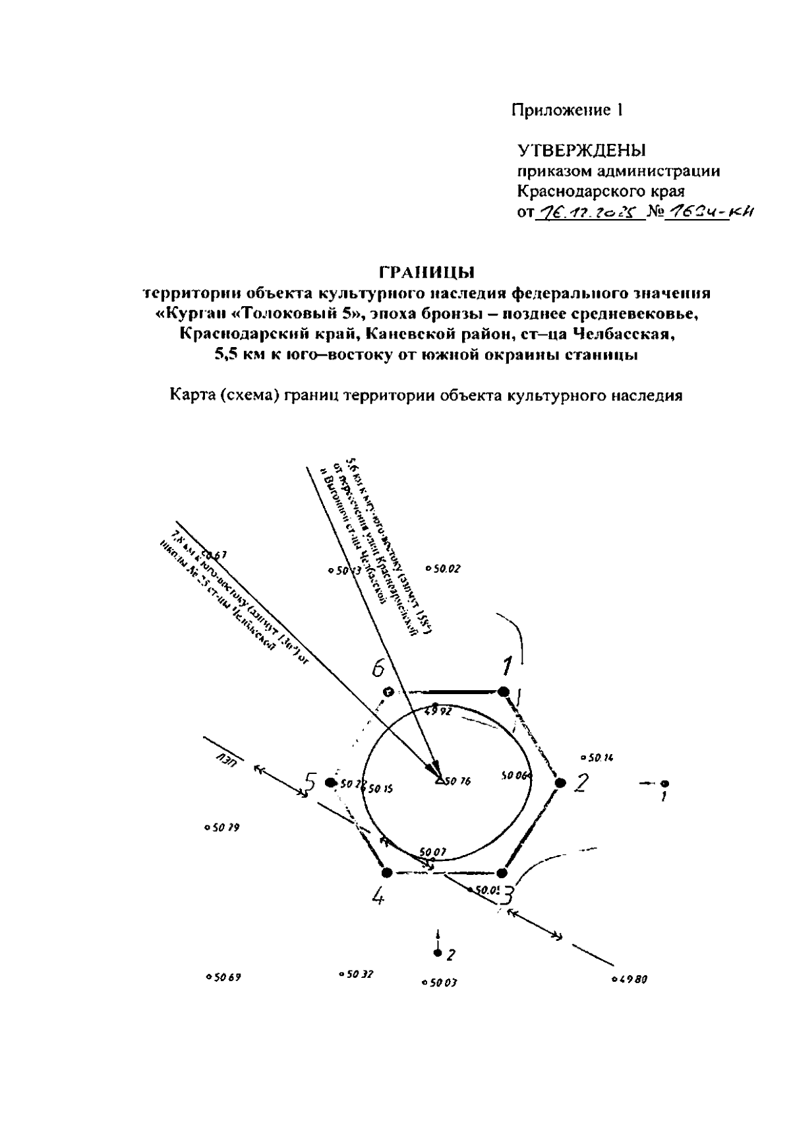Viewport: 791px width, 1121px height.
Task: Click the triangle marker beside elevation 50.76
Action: click(x=439, y=781)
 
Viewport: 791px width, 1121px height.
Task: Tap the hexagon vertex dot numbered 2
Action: click(x=560, y=783)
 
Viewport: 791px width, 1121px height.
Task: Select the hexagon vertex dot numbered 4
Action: click(x=387, y=872)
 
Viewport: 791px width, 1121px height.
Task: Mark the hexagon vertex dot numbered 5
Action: click(x=330, y=783)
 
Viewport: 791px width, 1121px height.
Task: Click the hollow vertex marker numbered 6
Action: click(x=388, y=691)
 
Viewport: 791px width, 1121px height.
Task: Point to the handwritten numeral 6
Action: click(x=377, y=668)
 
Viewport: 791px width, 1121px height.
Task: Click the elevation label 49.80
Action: click(x=633, y=979)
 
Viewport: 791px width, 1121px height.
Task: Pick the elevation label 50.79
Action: click(x=224, y=827)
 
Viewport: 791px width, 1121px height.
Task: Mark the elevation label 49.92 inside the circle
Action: click(x=438, y=711)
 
